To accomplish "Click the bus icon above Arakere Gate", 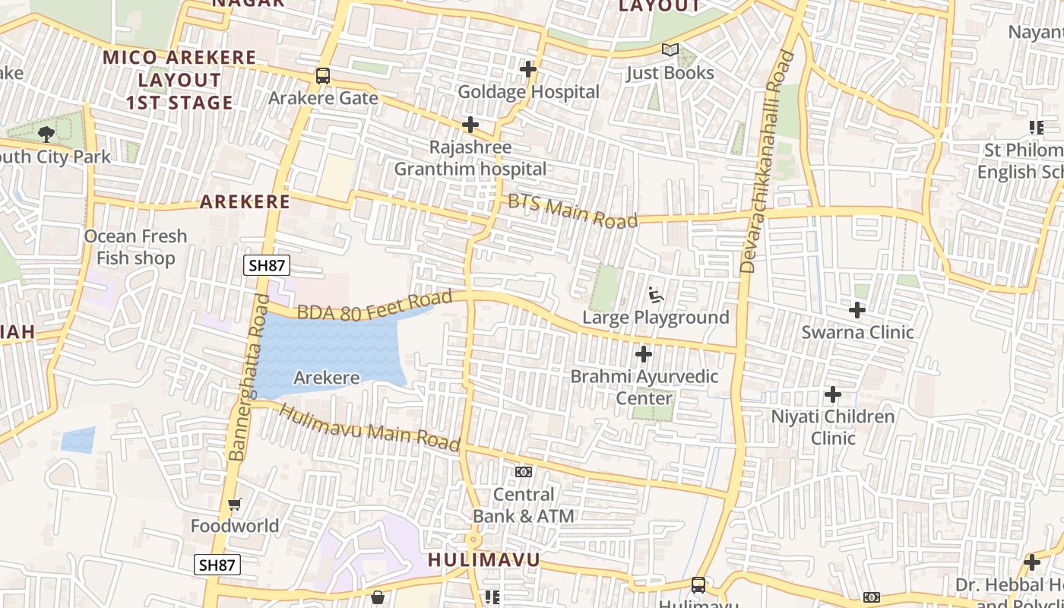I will (323, 76).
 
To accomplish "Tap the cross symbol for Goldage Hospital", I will (528, 69).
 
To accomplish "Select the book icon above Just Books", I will (670, 50).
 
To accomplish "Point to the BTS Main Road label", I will (572, 211).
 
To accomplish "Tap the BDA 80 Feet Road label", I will (374, 306).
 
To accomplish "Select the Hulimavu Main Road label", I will (370, 427).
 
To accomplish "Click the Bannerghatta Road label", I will (249, 378).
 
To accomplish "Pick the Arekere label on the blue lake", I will (327, 378).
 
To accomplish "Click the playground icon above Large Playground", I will (656, 294).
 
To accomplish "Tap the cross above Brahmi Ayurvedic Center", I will (644, 354).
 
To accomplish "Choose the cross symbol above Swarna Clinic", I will (857, 310).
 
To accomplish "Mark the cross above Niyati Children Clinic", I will (833, 394).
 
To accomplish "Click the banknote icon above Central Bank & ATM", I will (524, 472).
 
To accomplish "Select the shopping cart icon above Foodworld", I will (235, 504).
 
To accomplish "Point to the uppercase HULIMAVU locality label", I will (484, 561).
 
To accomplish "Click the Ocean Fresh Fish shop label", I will (135, 247).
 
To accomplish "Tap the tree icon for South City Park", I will (46, 135).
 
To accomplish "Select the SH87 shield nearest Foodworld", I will (218, 565).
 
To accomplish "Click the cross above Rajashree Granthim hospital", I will (470, 125).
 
